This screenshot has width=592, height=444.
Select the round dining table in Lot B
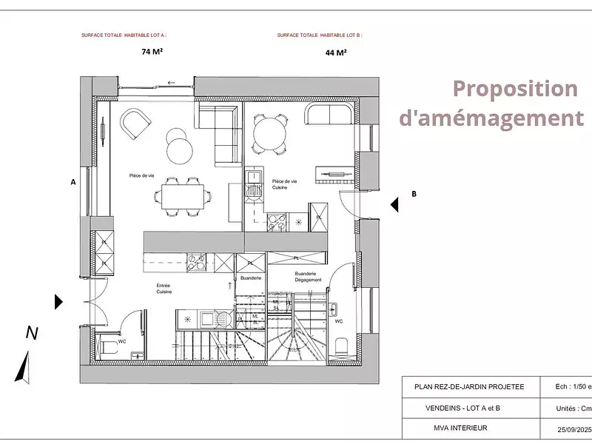click(x=267, y=133)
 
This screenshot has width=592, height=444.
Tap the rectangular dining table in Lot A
click(x=181, y=196)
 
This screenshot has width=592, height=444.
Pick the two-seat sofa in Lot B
click(x=330, y=116)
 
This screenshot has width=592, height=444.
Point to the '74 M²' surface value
click(x=152, y=52)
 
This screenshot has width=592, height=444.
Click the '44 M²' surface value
click(x=336, y=53)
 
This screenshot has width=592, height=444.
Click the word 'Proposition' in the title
click(x=514, y=89)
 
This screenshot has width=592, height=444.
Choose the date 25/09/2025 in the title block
click(x=573, y=429)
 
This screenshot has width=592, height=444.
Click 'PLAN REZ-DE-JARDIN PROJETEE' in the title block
click(x=469, y=386)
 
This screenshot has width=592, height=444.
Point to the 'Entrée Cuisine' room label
click(x=164, y=289)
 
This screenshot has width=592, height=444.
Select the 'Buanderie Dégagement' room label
click(x=308, y=276)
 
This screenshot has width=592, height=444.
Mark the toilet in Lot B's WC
click(x=341, y=346)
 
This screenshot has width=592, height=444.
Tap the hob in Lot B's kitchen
click(x=277, y=220)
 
